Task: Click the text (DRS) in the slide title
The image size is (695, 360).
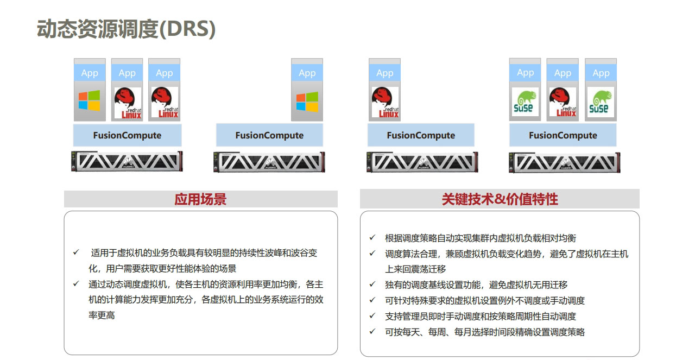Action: [187, 29]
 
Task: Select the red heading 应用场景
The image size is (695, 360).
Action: [200, 199]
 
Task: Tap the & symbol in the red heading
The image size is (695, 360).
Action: [500, 199]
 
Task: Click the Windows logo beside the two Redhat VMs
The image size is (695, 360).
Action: [90, 100]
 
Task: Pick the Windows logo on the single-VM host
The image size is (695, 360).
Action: [307, 102]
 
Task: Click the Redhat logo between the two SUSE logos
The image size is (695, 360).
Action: [563, 103]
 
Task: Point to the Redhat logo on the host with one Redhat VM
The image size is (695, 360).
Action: [385, 103]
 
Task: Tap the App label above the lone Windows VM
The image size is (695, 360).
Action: [307, 73]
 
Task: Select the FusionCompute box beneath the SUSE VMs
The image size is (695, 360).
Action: [563, 135]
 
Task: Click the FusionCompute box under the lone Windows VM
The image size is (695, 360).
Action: [269, 135]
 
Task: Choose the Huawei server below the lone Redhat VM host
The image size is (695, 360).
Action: [422, 162]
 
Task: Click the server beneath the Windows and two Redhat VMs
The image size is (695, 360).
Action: [127, 161]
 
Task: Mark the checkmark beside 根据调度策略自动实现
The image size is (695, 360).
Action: [372, 238]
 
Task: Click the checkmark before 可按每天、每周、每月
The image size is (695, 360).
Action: [372, 332]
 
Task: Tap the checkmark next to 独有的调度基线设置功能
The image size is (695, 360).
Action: [372, 285]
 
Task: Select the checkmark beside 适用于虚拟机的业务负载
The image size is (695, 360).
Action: [76, 252]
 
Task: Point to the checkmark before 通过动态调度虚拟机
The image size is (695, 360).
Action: [76, 283]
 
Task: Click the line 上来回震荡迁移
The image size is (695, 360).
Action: [415, 269]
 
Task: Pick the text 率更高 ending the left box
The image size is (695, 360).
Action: [102, 315]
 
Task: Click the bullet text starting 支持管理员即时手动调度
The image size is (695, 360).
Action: [481, 316]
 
